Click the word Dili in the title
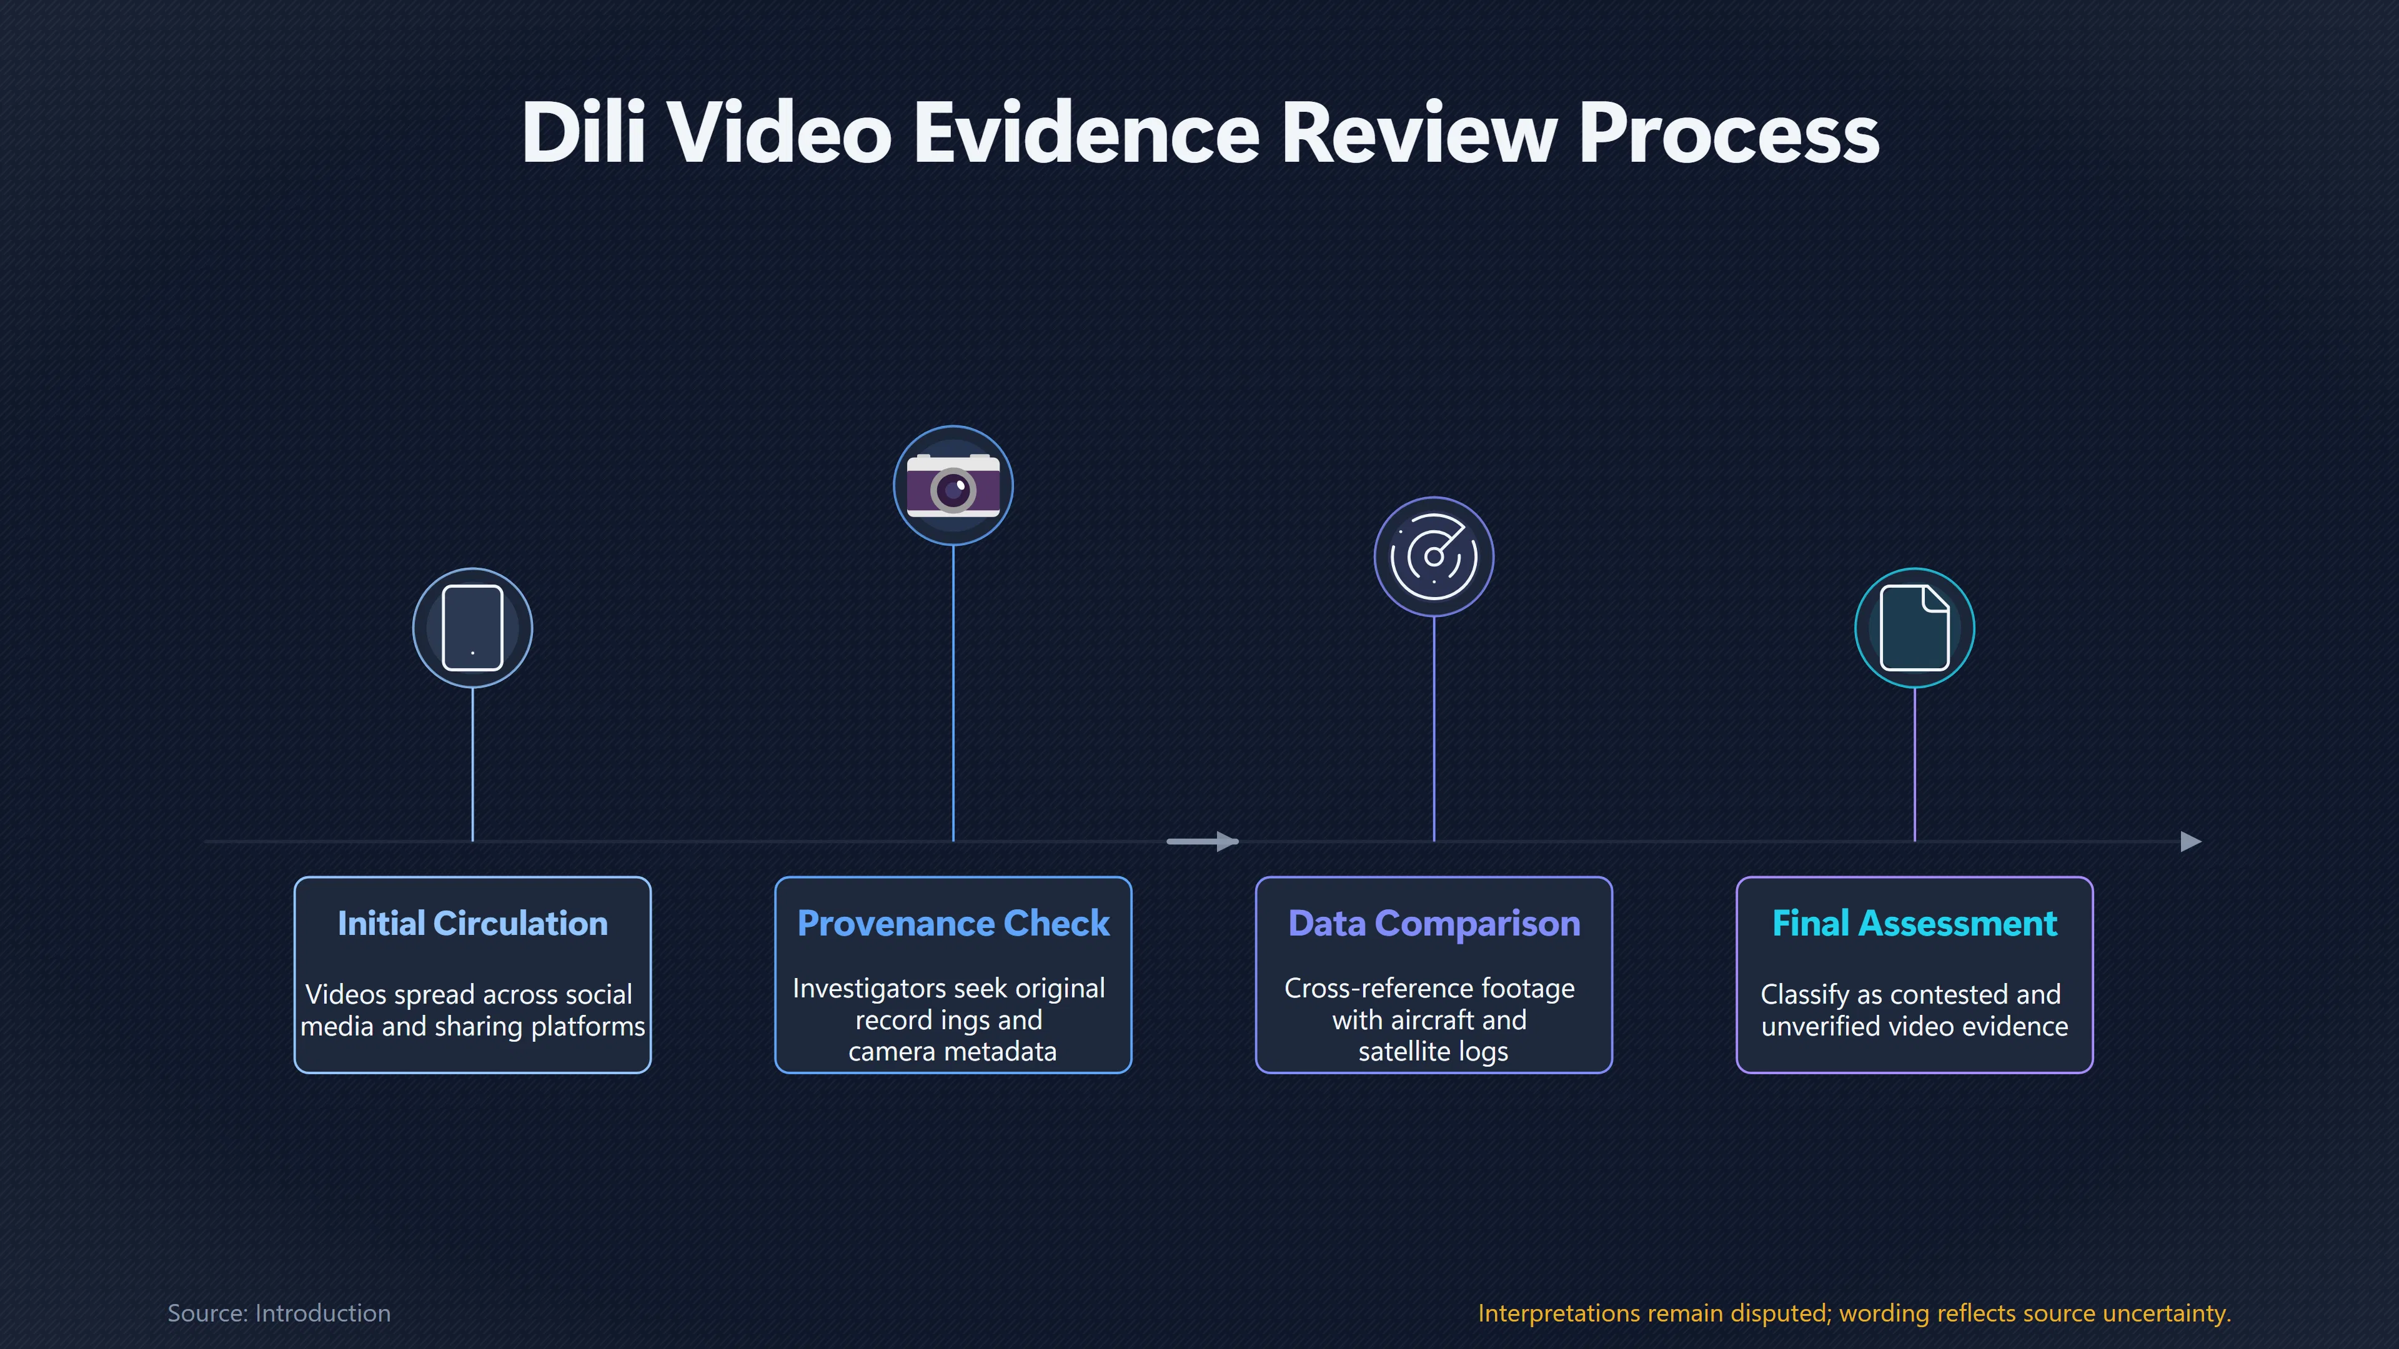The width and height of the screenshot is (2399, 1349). (x=583, y=132)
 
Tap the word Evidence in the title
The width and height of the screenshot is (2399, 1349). (x=1086, y=132)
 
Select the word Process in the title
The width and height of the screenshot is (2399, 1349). (x=1729, y=132)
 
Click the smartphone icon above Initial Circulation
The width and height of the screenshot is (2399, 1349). (x=473, y=628)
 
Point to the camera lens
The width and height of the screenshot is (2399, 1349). (x=953, y=490)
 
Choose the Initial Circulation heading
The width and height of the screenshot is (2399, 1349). (x=473, y=924)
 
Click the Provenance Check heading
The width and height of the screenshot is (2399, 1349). (x=953, y=924)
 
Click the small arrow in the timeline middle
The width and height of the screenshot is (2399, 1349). (x=1202, y=842)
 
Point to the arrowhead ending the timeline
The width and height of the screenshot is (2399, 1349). (x=2192, y=842)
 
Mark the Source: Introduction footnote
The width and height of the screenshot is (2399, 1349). (x=279, y=1313)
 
